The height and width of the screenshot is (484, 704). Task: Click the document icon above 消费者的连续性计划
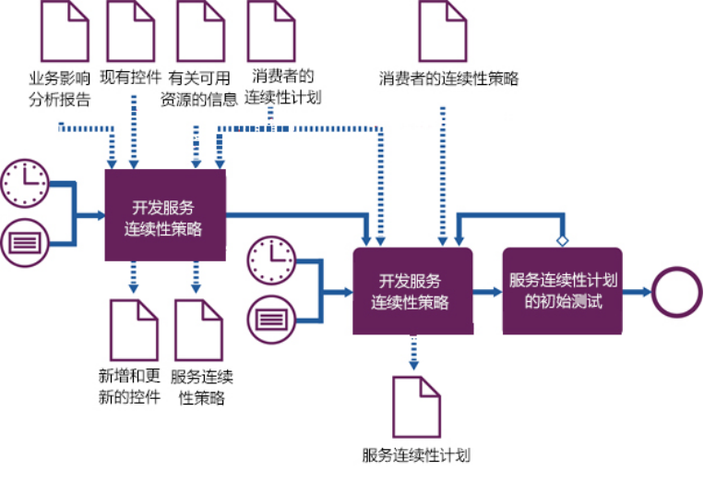pyautogui.click(x=274, y=30)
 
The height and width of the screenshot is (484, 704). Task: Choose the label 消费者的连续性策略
pyautogui.click(x=448, y=79)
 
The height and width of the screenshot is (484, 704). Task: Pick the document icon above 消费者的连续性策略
pyautogui.click(x=443, y=30)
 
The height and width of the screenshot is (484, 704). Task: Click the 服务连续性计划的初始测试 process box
pyautogui.click(x=562, y=290)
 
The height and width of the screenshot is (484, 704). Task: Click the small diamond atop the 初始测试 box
pyautogui.click(x=562, y=241)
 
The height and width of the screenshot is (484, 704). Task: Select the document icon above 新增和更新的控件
pyautogui.click(x=135, y=330)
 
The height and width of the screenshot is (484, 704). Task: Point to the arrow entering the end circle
pyautogui.click(x=636, y=290)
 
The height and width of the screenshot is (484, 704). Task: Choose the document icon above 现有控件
pyautogui.click(x=132, y=30)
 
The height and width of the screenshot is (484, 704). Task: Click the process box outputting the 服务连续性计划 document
pyautogui.click(x=412, y=290)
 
